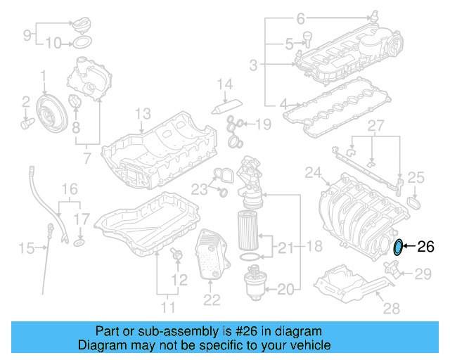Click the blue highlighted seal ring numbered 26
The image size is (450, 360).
coord(399,247)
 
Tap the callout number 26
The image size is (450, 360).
coord(426,246)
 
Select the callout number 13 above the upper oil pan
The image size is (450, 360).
coord(143,114)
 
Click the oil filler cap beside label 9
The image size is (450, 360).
coord(83,26)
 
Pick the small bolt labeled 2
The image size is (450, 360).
coord(27,123)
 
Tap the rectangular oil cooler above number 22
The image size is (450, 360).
coord(212,255)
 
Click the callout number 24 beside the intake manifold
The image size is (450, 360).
coord(312,172)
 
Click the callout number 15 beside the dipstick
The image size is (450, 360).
coord(26,247)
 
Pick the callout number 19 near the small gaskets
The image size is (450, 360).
coord(263,125)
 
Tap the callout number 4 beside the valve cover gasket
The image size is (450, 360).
coord(284,105)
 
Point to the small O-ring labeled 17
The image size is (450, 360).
coord(80,242)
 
